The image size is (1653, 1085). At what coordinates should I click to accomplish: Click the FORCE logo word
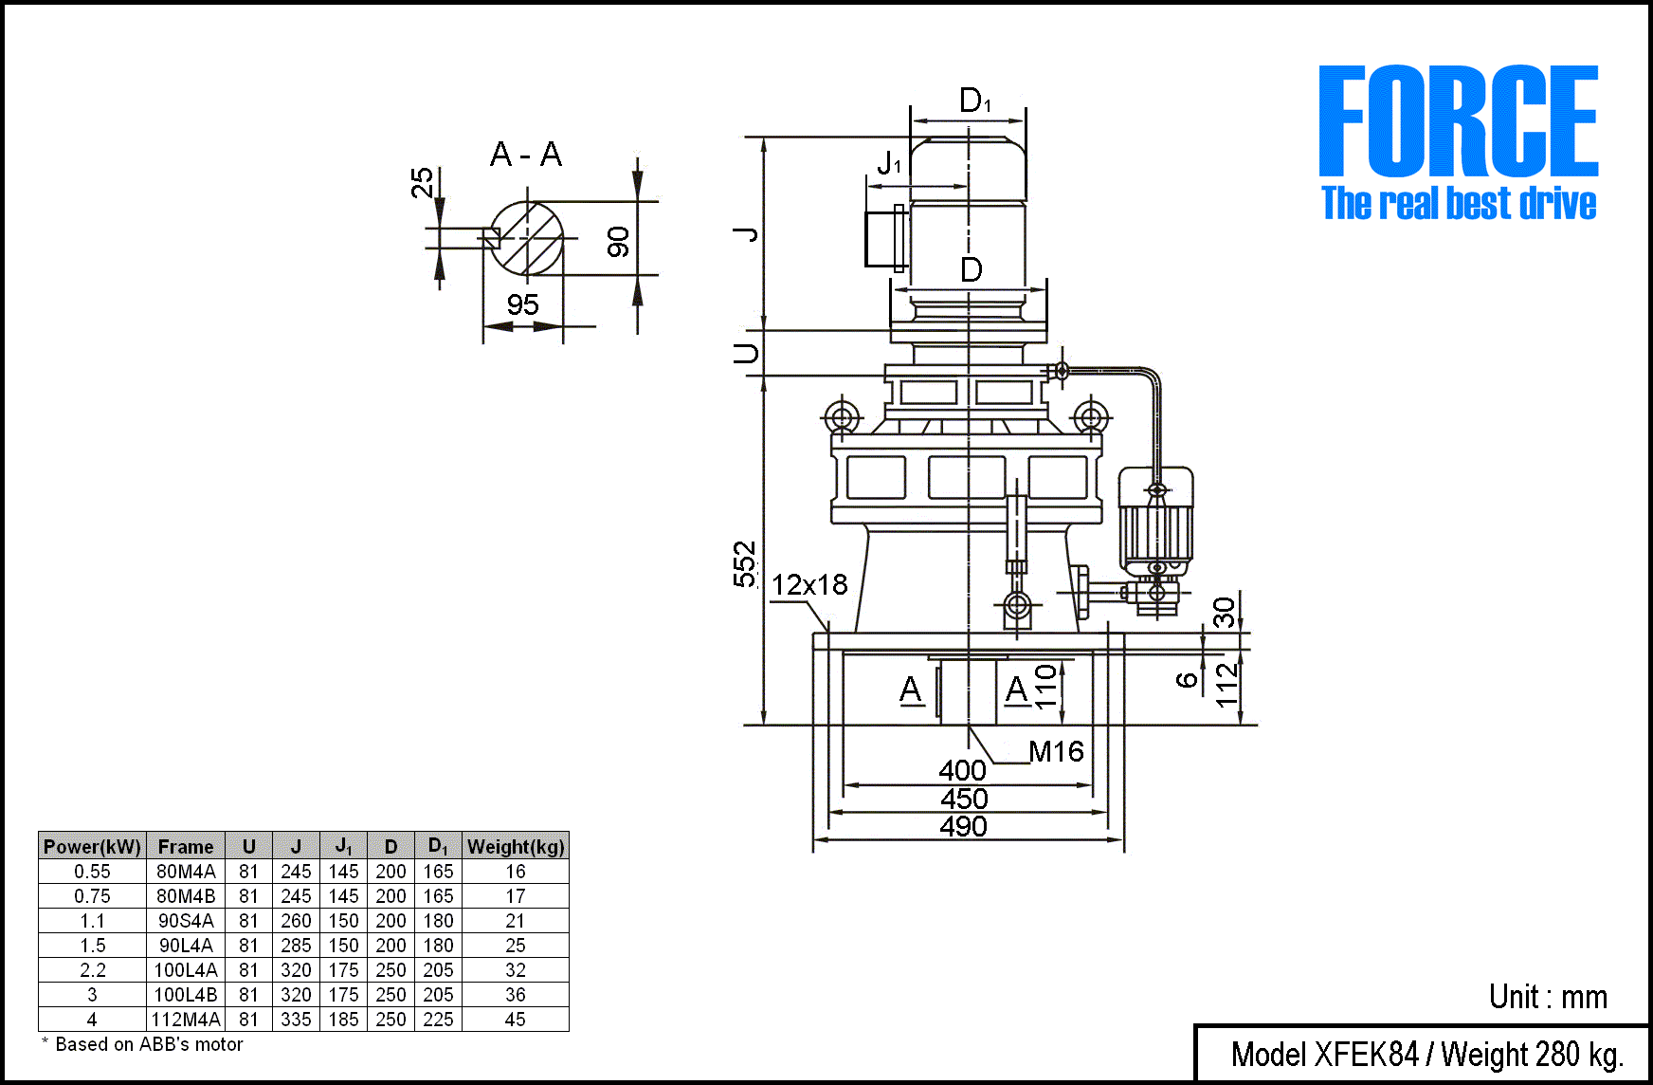pos(1458,120)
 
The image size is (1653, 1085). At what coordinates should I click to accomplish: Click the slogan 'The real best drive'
pos(1459,204)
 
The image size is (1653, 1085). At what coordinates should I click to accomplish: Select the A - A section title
pos(526,154)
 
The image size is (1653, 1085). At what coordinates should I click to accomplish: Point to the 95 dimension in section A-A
pos(522,305)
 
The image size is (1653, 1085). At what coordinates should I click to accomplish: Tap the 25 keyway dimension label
pos(422,182)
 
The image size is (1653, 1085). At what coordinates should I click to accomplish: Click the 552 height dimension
pos(746,564)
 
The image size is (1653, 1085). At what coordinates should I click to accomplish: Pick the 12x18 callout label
pos(809,585)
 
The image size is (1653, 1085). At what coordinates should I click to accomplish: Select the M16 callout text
pos(1056,752)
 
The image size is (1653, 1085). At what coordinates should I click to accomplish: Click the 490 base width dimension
pos(963,827)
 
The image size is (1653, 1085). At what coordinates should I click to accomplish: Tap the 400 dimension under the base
pos(962,770)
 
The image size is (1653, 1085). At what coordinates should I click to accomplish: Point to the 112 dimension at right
pos(1227,685)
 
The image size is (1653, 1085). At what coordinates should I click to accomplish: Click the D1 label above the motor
pos(974,101)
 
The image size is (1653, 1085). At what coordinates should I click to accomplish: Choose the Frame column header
pos(186,847)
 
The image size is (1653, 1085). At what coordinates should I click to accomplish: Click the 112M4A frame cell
pos(186,1020)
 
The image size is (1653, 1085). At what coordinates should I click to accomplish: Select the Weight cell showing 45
pos(515,1020)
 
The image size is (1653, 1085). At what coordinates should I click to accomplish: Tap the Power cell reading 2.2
pos(92,970)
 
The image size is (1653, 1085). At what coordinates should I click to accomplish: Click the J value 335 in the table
pos(296,1020)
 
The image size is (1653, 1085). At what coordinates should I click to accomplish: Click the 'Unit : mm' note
pos(1548,997)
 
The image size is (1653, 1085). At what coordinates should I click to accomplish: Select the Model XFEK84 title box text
pos(1426,1055)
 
